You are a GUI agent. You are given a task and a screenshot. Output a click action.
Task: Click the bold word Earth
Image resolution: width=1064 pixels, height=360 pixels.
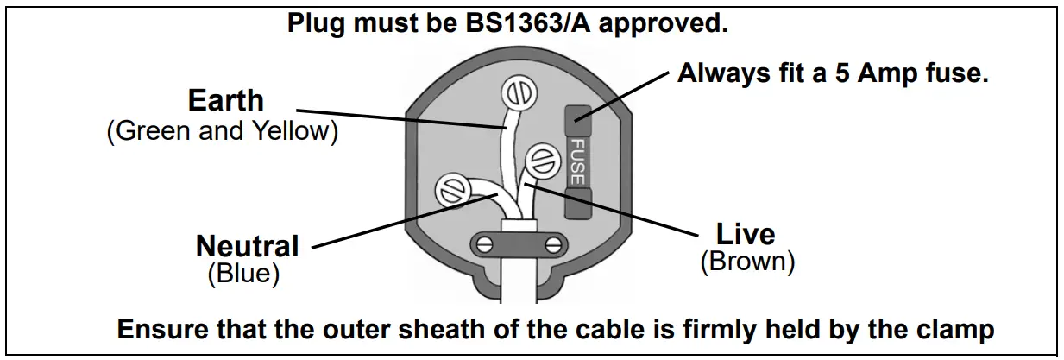click(x=225, y=100)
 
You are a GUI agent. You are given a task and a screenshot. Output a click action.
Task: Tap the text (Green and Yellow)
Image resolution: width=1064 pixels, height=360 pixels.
click(x=221, y=132)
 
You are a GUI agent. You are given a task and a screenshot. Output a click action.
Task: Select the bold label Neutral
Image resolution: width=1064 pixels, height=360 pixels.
click(x=247, y=247)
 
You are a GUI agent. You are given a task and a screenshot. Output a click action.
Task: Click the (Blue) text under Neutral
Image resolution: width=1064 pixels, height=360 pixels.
click(x=244, y=274)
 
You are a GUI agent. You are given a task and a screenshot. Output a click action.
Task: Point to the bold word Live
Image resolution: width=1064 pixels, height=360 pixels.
click(x=746, y=234)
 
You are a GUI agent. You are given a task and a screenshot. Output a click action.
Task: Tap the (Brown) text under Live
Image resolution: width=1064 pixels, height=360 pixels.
click(x=746, y=261)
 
